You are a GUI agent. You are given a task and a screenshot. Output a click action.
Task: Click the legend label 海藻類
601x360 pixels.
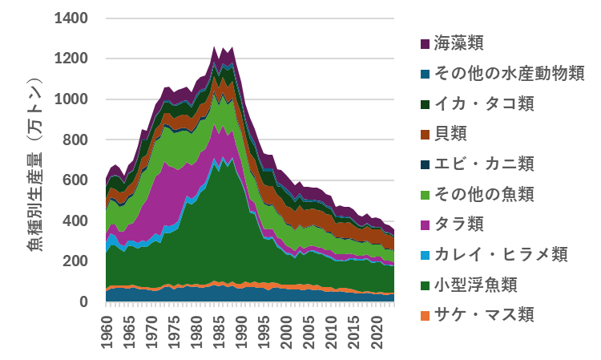click(x=459, y=43)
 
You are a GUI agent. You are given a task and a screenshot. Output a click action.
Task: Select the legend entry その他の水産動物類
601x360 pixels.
click(x=509, y=74)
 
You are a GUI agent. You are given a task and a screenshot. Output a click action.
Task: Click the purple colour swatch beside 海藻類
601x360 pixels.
click(x=425, y=43)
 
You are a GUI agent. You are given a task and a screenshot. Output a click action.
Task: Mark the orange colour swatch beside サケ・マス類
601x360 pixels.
click(x=425, y=314)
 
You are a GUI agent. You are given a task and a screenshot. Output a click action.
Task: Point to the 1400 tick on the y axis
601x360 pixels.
click(x=71, y=18)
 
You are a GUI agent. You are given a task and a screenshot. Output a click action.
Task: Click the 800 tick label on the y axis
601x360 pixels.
click(x=76, y=140)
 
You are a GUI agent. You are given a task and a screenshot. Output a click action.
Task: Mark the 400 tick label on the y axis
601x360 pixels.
click(x=76, y=221)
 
